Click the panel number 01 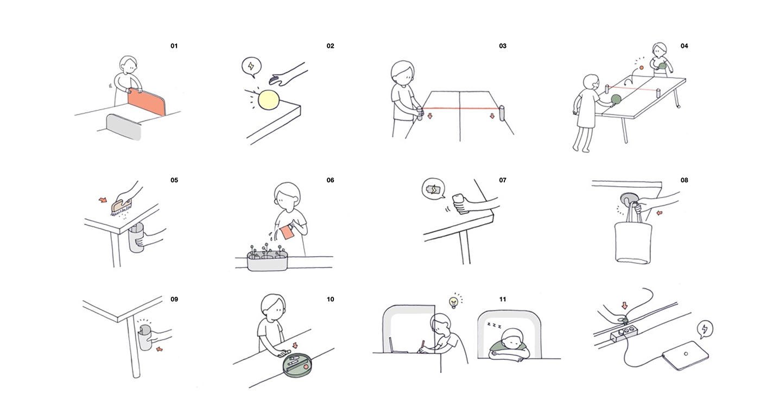pyautogui.click(x=174, y=46)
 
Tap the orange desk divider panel pyautogui.click(x=147, y=103)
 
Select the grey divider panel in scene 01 pyautogui.click(x=124, y=126)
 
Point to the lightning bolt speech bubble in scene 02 pyautogui.click(x=251, y=67)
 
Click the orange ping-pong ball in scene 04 pyautogui.click(x=641, y=67)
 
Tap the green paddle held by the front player pyautogui.click(x=617, y=99)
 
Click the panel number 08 pyautogui.click(x=684, y=180)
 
